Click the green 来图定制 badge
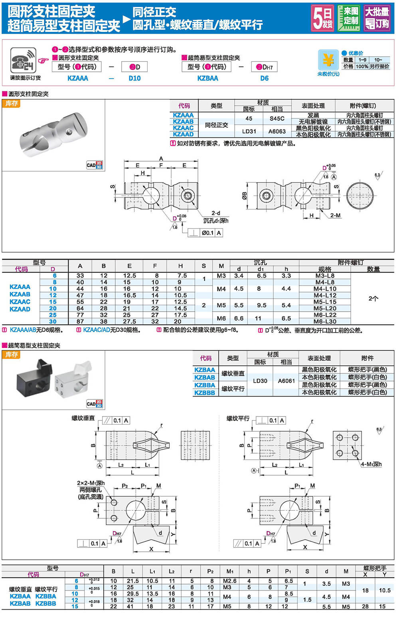[x=348, y=18]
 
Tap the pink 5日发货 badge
[x=323, y=18]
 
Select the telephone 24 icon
[x=23, y=61]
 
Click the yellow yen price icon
[x=328, y=60]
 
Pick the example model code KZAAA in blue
[x=78, y=78]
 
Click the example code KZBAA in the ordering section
[x=208, y=78]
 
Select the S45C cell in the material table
[x=277, y=118]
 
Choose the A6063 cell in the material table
[x=277, y=131]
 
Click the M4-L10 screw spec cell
[x=325, y=289]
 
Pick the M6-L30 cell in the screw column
[x=325, y=321]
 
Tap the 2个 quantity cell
[x=373, y=298]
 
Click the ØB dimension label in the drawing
[x=244, y=195]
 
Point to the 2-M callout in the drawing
[x=335, y=215]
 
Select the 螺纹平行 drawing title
[x=238, y=419]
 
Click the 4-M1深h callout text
[x=371, y=464]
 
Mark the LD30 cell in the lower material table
[x=260, y=381]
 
